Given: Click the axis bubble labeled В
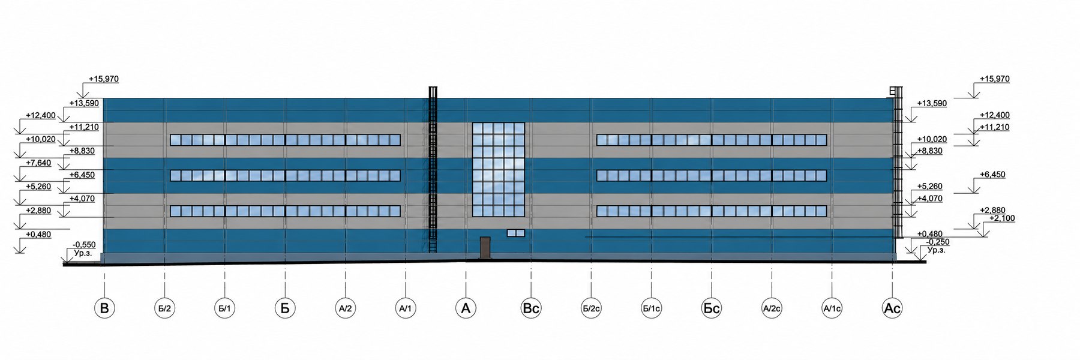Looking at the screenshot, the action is coord(105,308).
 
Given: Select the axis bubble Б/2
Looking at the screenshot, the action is coord(165,308).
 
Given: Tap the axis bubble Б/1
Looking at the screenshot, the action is coord(225,308).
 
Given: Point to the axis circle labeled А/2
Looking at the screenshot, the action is coord(346,308).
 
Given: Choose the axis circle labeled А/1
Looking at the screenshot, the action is coord(406,308).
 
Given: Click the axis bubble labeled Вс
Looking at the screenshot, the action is coord(531,308).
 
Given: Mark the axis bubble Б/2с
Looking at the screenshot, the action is coord(591,308).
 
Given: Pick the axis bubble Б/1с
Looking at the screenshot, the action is coord(651,308).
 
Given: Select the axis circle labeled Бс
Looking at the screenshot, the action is coord(712,308).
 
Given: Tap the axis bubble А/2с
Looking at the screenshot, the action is coord(772,308).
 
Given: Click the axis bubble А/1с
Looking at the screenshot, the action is coord(832,308).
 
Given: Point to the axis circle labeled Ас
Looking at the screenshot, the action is coord(892,308).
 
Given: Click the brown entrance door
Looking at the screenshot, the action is coord(485,248).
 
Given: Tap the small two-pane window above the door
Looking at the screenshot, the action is coord(516,233).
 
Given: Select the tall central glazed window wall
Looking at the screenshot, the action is coord(499,169).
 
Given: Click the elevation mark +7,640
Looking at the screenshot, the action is coord(38,163).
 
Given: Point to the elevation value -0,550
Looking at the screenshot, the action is coord(84,245).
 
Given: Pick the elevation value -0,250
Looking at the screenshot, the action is coord(938,242).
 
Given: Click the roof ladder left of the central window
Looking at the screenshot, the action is coord(433,171).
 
